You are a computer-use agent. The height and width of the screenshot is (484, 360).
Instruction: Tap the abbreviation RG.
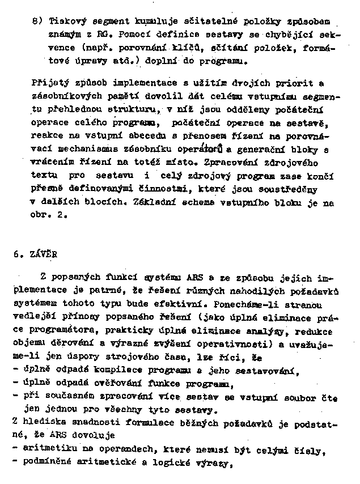tap(103, 33)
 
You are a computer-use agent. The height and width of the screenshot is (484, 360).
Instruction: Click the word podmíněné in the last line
tap(47, 464)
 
